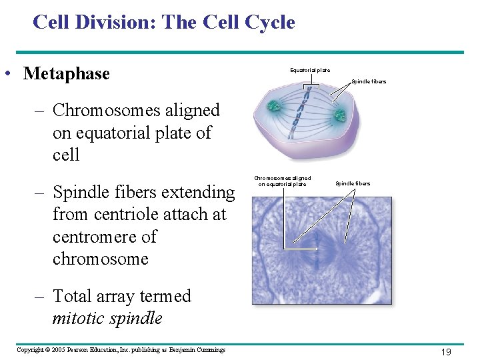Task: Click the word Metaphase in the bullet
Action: click(x=66, y=73)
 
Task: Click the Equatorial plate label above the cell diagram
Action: click(x=309, y=70)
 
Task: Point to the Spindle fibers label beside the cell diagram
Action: click(x=369, y=81)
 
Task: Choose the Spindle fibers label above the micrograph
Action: click(x=353, y=183)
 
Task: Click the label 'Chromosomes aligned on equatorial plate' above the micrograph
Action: click(x=283, y=181)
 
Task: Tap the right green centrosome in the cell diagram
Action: click(x=340, y=115)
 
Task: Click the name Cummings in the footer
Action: click(x=209, y=350)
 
